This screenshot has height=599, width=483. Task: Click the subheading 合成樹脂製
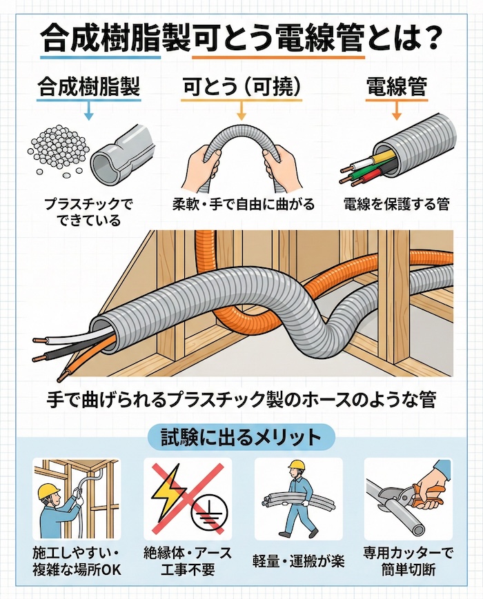[x=88, y=88]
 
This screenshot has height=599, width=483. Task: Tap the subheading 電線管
[x=397, y=88]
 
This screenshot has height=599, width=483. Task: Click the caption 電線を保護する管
[x=397, y=204]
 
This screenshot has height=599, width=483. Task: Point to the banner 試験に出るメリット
[x=241, y=436]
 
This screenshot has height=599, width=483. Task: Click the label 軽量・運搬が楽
[x=298, y=556]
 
